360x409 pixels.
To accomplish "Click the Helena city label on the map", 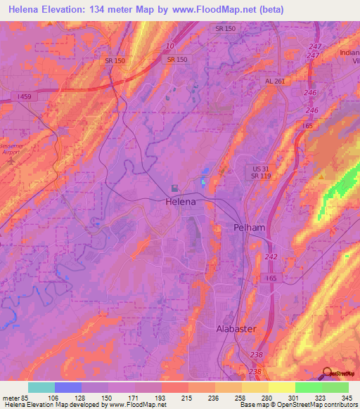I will tap(180, 202).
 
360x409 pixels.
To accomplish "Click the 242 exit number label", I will tap(271, 257).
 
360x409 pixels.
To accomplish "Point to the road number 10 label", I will tap(169, 46).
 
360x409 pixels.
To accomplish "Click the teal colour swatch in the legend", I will tap(41, 387).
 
